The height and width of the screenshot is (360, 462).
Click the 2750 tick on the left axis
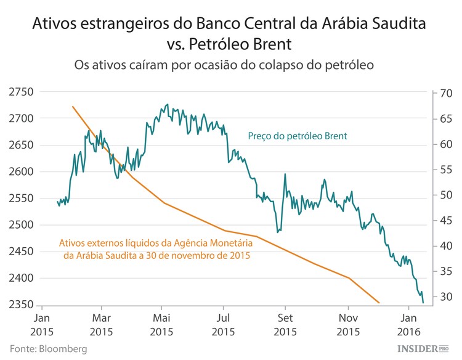[21, 92]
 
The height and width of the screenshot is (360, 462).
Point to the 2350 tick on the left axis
[21, 305]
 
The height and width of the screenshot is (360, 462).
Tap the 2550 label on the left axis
[21, 198]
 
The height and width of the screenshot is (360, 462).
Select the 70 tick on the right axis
[429, 94]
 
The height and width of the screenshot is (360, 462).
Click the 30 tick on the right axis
[429, 297]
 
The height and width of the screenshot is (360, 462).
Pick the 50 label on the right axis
[429, 195]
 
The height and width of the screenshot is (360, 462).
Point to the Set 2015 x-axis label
[285, 325]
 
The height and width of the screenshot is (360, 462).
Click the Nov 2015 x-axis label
[348, 325]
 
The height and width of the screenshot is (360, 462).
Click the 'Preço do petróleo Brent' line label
[298, 136]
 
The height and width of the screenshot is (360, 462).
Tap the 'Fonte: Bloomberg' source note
[48, 349]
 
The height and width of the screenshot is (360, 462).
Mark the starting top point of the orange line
[73, 107]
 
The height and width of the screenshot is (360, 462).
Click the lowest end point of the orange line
[379, 303]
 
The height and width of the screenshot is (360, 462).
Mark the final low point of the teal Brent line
[423, 303]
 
